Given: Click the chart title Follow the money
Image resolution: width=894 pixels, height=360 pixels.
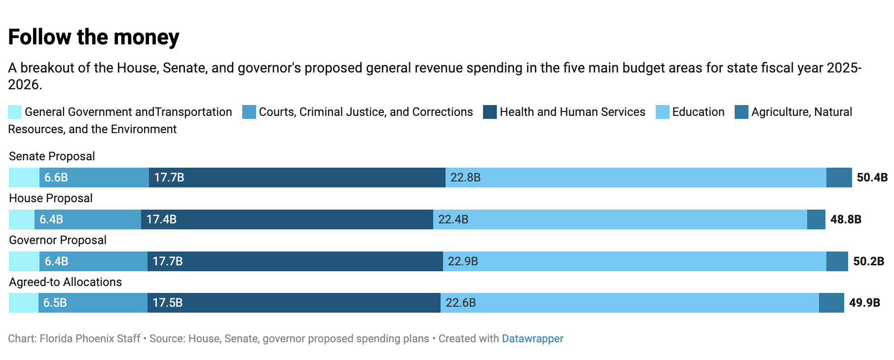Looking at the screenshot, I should click(94, 37).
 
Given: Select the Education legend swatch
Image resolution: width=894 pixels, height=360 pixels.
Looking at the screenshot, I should click(662, 112).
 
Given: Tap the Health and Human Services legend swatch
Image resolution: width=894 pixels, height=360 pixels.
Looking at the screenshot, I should click(489, 112).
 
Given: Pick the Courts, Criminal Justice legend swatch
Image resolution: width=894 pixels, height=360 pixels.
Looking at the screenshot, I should click(249, 112).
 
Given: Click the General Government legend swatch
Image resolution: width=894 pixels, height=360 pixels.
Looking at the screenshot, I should click(15, 112).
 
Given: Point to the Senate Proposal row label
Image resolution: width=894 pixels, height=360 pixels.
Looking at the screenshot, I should click(52, 156).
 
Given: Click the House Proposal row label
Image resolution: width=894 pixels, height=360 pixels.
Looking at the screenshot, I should click(51, 198).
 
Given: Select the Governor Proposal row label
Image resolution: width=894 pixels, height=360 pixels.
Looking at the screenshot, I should click(58, 240).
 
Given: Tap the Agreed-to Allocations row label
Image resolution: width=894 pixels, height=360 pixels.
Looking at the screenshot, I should click(65, 282).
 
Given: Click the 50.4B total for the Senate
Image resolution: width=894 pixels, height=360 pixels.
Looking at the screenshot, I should click(872, 178).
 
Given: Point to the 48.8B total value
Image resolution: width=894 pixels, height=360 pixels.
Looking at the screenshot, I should click(846, 219).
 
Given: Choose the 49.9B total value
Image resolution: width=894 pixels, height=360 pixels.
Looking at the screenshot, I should click(864, 303).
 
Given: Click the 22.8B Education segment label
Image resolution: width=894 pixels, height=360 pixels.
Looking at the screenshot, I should click(465, 178).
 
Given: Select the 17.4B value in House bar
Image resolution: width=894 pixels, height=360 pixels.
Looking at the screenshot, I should click(161, 219).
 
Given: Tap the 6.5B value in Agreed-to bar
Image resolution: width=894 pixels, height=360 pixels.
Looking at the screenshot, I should click(55, 303).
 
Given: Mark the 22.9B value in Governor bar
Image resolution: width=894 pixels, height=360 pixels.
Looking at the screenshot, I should click(463, 261).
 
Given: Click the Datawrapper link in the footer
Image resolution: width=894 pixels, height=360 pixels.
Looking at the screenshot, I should click(532, 339).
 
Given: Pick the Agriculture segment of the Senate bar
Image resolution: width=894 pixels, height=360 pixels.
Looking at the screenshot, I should click(839, 178).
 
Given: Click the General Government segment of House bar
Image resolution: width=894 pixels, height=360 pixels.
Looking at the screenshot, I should click(22, 219).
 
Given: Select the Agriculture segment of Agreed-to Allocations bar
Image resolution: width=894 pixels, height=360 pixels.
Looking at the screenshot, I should click(831, 303).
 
